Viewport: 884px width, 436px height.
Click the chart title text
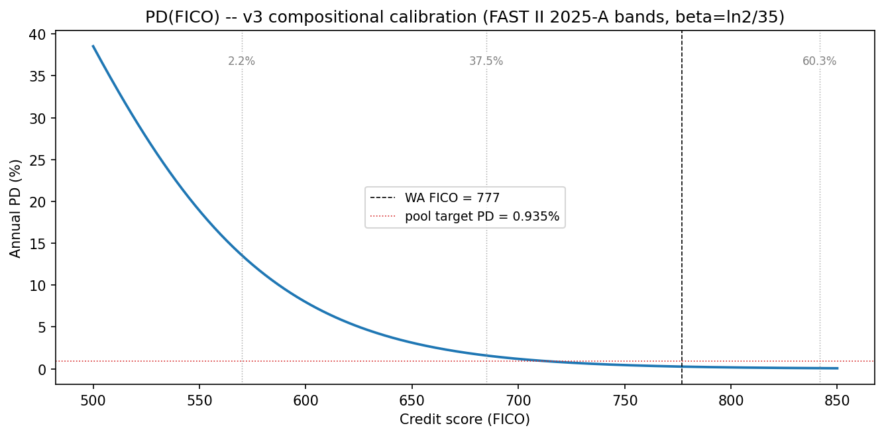click(x=465, y=17)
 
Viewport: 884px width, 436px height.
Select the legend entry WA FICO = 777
click(x=452, y=197)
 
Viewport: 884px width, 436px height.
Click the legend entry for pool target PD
click(x=482, y=216)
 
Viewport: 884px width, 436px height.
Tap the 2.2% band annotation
click(x=241, y=62)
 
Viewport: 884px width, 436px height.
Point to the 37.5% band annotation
click(x=486, y=62)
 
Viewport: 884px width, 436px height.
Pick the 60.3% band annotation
click(x=819, y=62)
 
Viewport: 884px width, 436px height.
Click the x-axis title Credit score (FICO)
click(x=465, y=419)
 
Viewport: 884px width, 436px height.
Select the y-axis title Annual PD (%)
click(x=15, y=208)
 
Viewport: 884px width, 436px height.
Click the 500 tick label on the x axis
click(x=93, y=401)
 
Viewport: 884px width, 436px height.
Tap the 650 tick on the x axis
click(x=412, y=401)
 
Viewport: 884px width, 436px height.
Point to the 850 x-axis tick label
click(x=836, y=401)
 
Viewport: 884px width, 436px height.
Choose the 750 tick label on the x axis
click(x=624, y=401)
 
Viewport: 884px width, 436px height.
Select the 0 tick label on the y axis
click(x=42, y=369)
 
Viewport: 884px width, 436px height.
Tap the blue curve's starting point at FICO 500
click(x=93, y=46)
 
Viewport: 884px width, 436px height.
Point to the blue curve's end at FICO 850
click(x=837, y=368)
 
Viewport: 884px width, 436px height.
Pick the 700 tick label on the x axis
click(x=518, y=401)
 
